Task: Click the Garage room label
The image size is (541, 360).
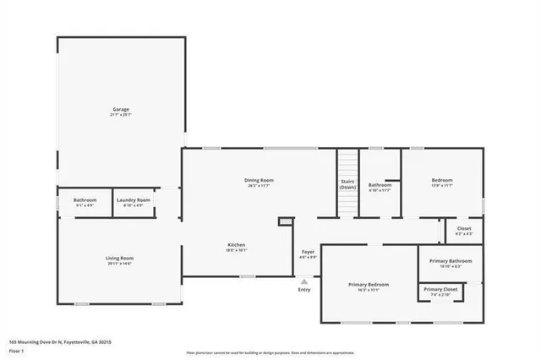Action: click(121, 109)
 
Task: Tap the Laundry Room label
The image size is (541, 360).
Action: click(133, 199)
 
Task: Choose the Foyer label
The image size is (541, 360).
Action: click(309, 252)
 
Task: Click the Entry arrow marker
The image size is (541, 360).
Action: click(304, 281)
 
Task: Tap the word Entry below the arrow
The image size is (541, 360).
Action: click(304, 291)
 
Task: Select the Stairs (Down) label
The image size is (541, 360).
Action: click(347, 184)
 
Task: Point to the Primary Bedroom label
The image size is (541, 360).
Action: click(369, 285)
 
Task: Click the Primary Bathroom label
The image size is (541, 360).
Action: click(451, 261)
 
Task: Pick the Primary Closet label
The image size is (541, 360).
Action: click(440, 290)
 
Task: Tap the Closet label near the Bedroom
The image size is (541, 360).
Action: click(464, 228)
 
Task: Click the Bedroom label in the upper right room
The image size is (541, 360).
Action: click(442, 180)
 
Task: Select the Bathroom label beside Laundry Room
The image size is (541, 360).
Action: click(85, 199)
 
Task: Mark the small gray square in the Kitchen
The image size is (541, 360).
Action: click(285, 221)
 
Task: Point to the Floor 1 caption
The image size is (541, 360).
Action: click(17, 350)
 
